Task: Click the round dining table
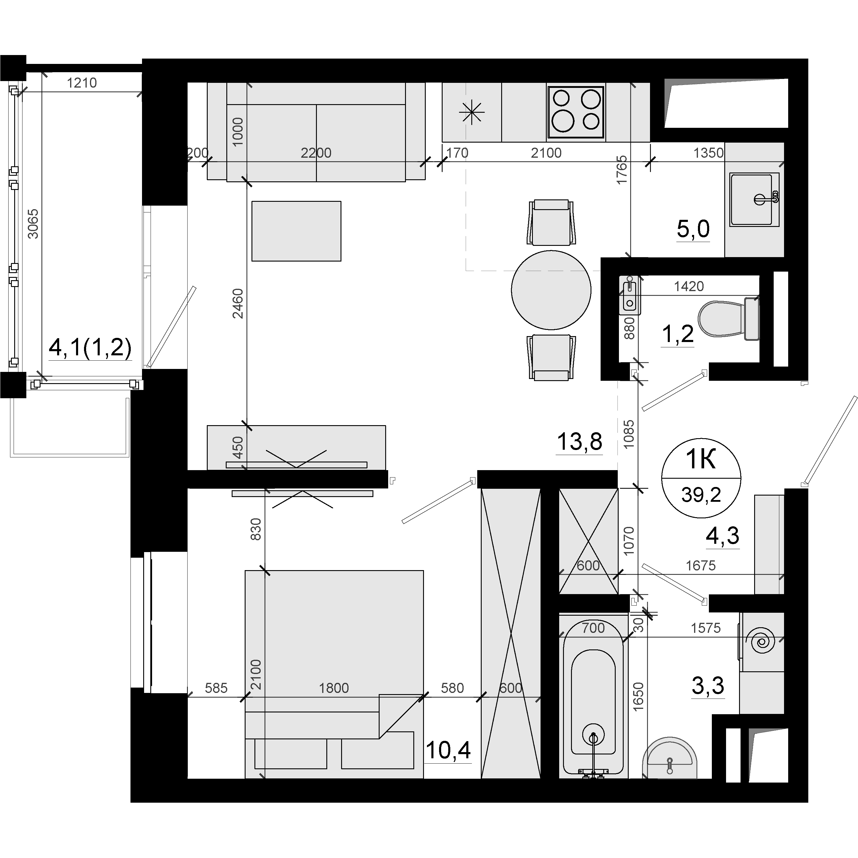tap(551, 290)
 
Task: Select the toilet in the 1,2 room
tap(729, 319)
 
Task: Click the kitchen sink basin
tap(754, 199)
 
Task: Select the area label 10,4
tap(448, 751)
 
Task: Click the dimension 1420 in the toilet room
tap(689, 286)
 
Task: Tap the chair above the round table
tap(551, 222)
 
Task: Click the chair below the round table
tap(551, 357)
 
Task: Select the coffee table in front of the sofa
tap(296, 231)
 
